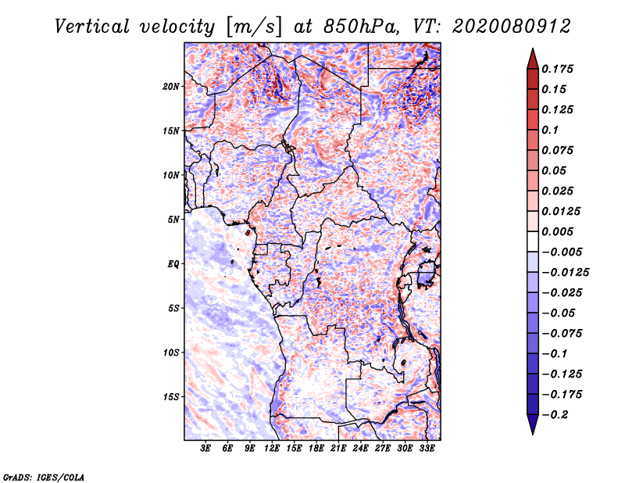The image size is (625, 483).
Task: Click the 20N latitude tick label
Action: pyautogui.click(x=172, y=86)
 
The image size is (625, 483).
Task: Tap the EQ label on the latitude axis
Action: pyautogui.click(x=173, y=263)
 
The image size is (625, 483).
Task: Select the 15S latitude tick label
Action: pyautogui.click(x=172, y=396)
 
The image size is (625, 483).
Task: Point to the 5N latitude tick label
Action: pyautogui.click(x=174, y=219)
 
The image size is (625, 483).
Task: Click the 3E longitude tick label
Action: pyautogui.click(x=206, y=449)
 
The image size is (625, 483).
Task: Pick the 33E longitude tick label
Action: pyautogui.click(x=427, y=449)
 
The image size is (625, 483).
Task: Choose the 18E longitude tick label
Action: pyautogui.click(x=316, y=449)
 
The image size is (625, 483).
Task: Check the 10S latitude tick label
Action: pyautogui.click(x=172, y=352)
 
